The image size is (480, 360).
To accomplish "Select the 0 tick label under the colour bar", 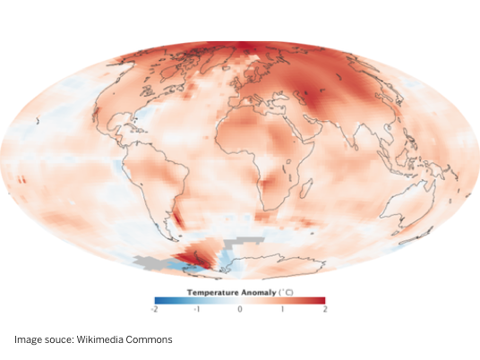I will pyautogui.click(x=240, y=308).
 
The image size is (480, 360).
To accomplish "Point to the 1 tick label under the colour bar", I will pyautogui.click(x=282, y=308).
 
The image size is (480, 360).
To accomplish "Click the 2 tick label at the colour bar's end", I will pyautogui.click(x=324, y=308).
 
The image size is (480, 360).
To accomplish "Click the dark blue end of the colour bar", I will pyautogui.click(x=158, y=300).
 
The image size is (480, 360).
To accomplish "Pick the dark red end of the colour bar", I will pyautogui.click(x=321, y=300).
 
